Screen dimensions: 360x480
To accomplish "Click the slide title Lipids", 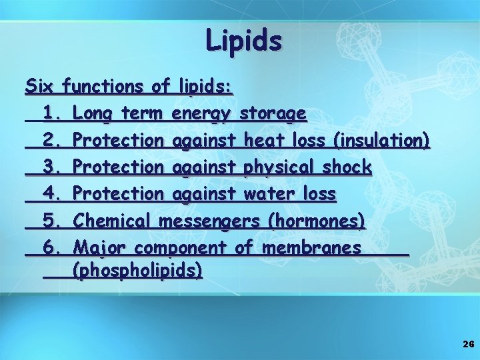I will pos(244,41).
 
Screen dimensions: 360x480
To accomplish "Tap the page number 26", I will pos(467,344).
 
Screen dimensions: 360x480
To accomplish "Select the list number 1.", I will pos(52,113).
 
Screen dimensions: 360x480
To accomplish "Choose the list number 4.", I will pos(52,194).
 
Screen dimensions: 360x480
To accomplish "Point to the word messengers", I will pos(209,221).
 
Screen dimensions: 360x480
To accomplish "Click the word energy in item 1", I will pos(202,114).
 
